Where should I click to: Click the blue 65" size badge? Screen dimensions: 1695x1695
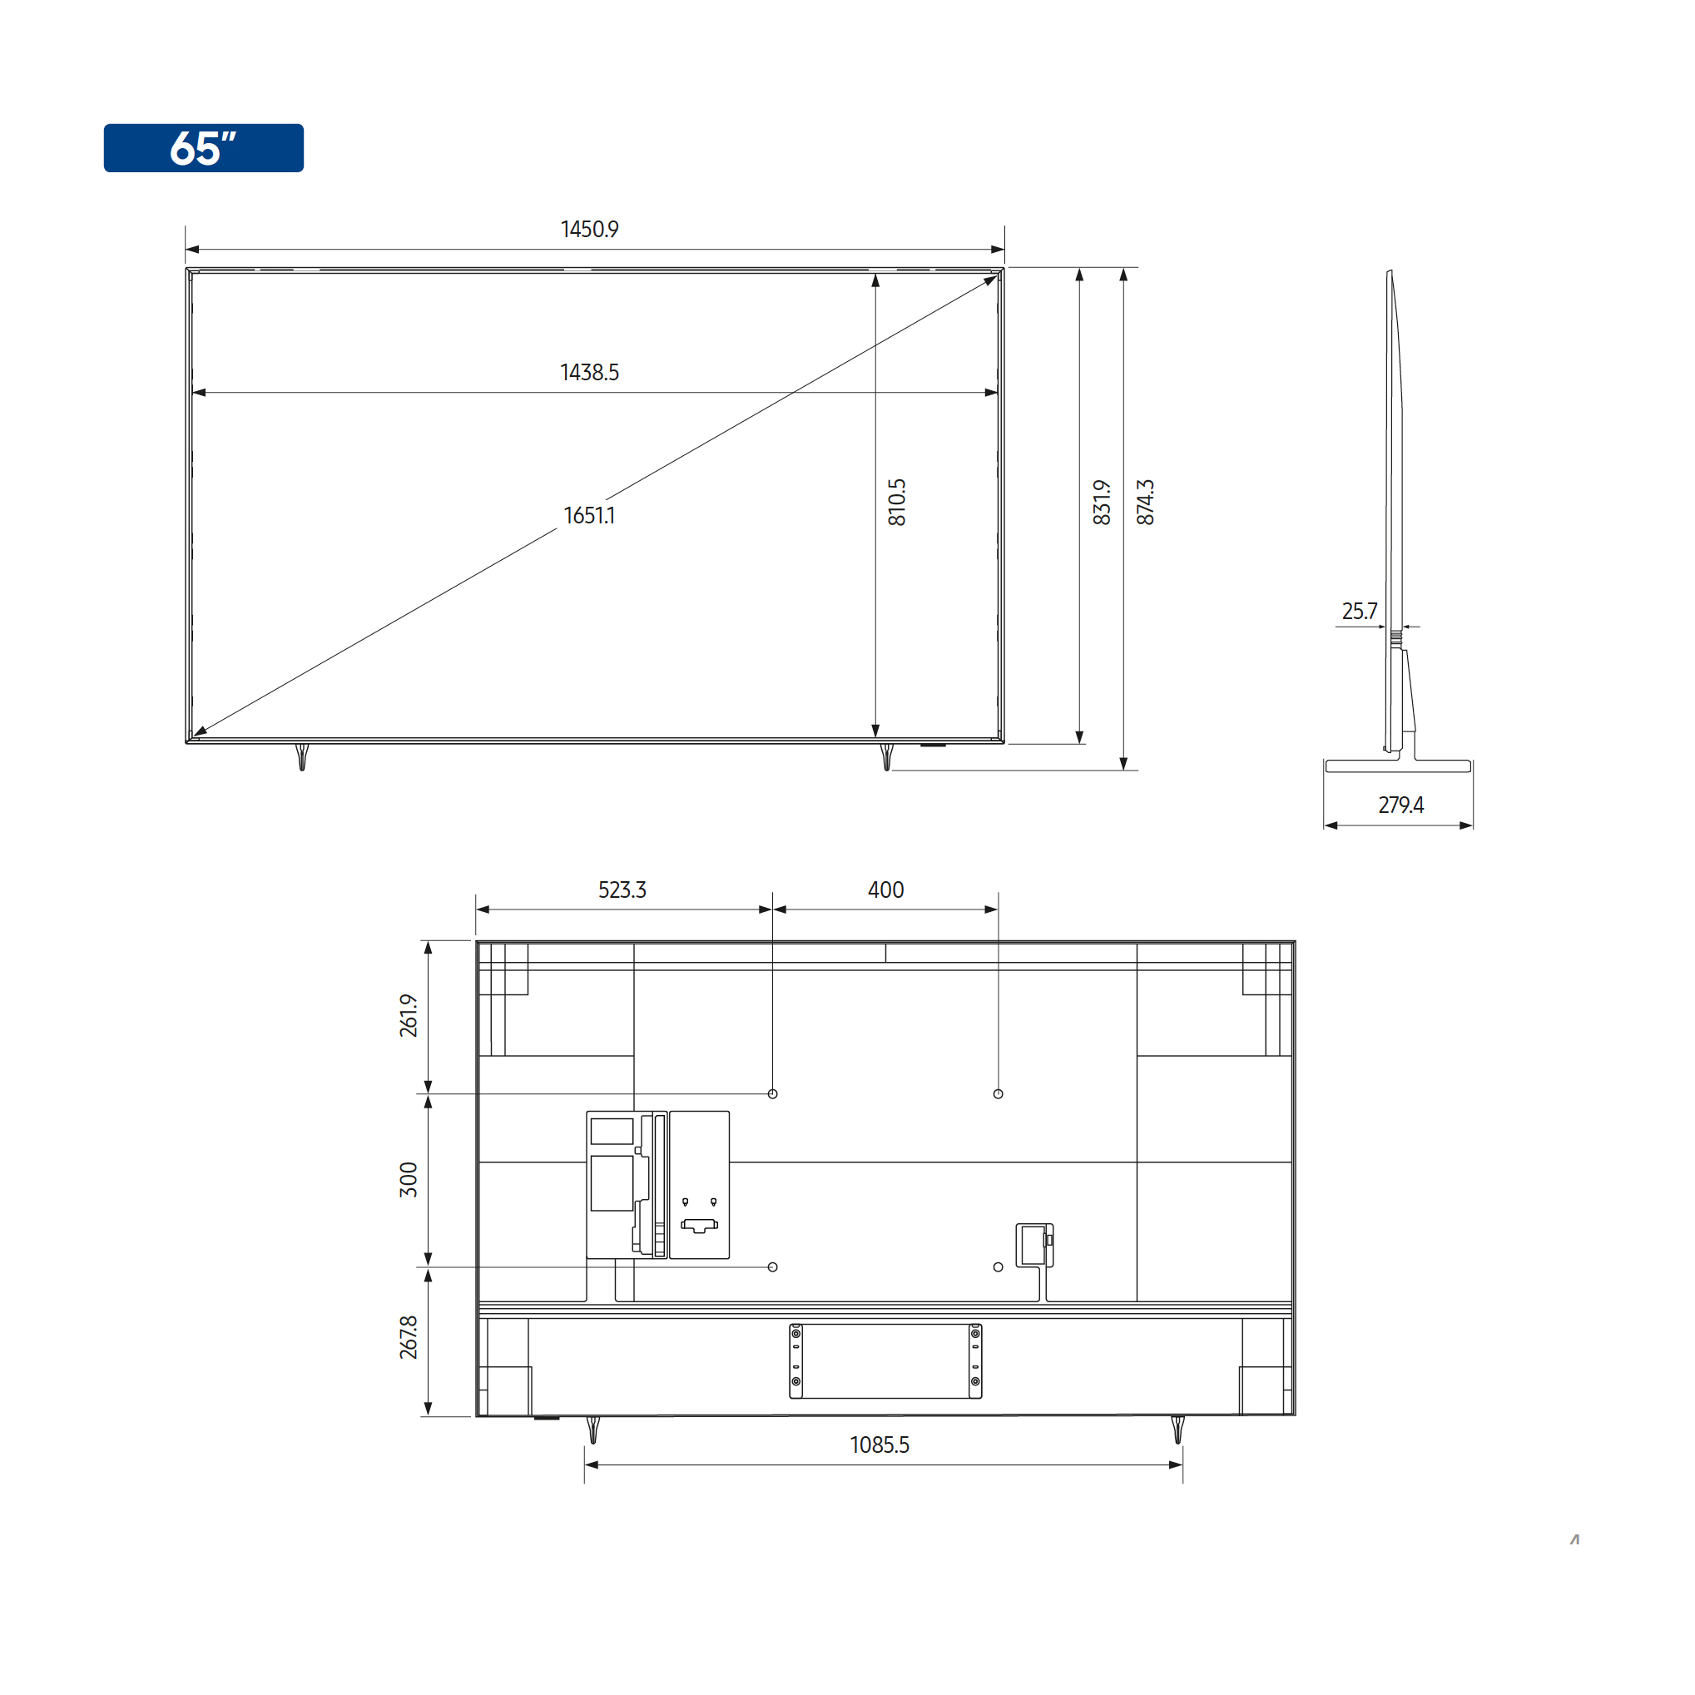(204, 147)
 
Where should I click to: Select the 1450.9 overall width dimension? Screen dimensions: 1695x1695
(590, 229)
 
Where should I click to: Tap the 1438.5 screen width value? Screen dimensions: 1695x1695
(590, 372)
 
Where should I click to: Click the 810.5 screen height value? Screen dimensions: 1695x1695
(897, 503)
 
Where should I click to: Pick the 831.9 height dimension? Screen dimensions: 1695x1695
(1102, 503)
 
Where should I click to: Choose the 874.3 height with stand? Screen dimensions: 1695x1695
(1145, 503)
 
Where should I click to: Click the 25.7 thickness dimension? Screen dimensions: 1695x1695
(1359, 611)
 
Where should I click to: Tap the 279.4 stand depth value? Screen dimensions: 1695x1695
(1401, 805)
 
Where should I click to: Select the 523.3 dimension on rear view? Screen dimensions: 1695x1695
(622, 890)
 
